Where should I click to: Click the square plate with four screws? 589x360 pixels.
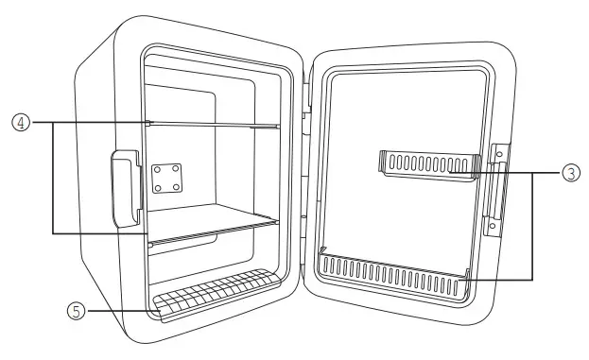(x=168, y=178)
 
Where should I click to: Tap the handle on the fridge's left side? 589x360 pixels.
(x=125, y=190)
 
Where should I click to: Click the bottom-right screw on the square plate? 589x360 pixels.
(x=177, y=187)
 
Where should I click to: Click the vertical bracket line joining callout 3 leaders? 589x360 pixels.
(x=532, y=226)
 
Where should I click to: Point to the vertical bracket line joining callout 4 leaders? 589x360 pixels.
(x=52, y=177)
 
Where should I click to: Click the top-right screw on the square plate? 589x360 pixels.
(x=177, y=168)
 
